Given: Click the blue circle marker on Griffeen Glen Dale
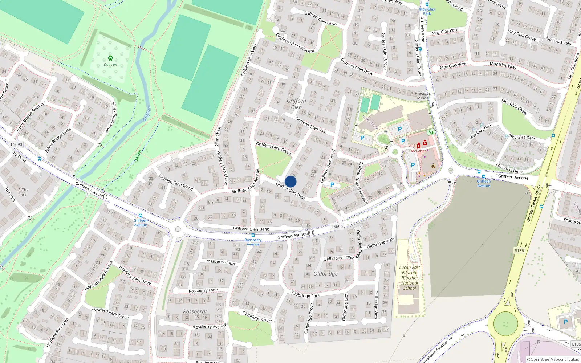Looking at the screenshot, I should [x=290, y=181].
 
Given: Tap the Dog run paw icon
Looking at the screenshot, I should [x=110, y=58].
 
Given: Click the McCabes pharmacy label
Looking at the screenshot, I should [x=418, y=151].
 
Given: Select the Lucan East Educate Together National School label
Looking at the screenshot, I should [x=410, y=278].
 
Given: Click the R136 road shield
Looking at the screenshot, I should [x=519, y=251].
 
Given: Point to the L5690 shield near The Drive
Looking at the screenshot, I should [x=16, y=144].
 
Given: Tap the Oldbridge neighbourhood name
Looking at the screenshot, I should [x=325, y=274].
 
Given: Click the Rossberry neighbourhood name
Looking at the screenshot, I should [x=195, y=311].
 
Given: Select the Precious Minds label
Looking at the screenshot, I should [x=423, y=95].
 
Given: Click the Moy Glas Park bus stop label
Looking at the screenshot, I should [x=427, y=11].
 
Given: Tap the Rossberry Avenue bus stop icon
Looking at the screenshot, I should [x=253, y=235].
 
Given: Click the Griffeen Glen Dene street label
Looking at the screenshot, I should [x=251, y=229].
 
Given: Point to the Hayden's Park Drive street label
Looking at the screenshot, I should [x=135, y=275].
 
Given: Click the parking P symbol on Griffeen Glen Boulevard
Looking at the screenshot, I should [x=332, y=185].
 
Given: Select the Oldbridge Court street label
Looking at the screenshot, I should [x=257, y=317].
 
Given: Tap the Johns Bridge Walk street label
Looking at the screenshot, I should [x=58, y=140].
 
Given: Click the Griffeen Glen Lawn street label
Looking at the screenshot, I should [x=320, y=18].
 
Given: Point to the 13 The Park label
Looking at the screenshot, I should [x=22, y=192].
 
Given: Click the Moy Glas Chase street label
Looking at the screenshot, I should [x=514, y=107].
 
